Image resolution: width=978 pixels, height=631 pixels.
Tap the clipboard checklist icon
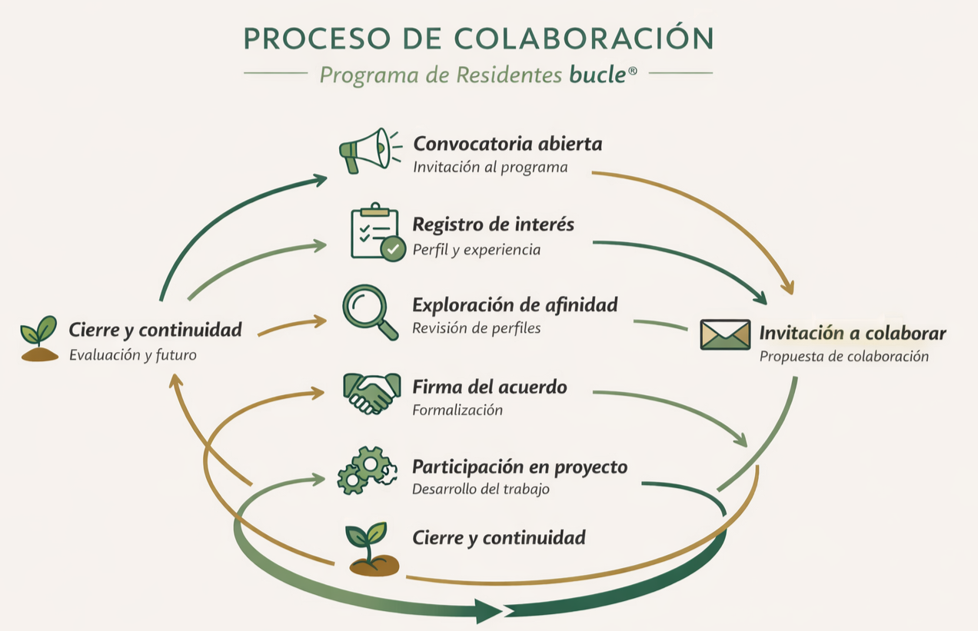pyautogui.click(x=374, y=231)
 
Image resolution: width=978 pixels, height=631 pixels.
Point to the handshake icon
pyautogui.click(x=372, y=392)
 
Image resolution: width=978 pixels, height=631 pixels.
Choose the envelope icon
pyautogui.click(x=724, y=335)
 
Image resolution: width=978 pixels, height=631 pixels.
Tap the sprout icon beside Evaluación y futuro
pyautogui.click(x=39, y=339)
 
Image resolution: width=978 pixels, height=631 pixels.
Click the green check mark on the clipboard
pyautogui.click(x=394, y=248)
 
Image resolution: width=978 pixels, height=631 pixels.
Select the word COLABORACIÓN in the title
pyautogui.click(x=584, y=38)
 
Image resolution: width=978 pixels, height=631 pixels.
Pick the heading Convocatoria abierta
pyautogui.click(x=507, y=144)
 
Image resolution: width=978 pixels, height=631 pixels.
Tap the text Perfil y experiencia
pyautogui.click(x=476, y=250)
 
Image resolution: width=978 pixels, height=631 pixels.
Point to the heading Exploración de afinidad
pyautogui.click(x=514, y=305)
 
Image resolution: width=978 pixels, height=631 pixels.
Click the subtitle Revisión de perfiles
pyautogui.click(x=476, y=328)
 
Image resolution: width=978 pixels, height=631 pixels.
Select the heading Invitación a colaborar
pyautogui.click(x=852, y=334)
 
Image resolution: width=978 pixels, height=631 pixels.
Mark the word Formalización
pyautogui.click(x=457, y=410)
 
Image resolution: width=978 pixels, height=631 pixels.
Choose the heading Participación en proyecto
pyautogui.click(x=520, y=467)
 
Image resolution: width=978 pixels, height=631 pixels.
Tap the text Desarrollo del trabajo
pyautogui.click(x=481, y=489)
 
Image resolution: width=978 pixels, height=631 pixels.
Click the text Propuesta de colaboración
pyautogui.click(x=843, y=357)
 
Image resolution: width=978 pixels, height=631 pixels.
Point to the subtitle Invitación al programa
pyautogui.click(x=490, y=167)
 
